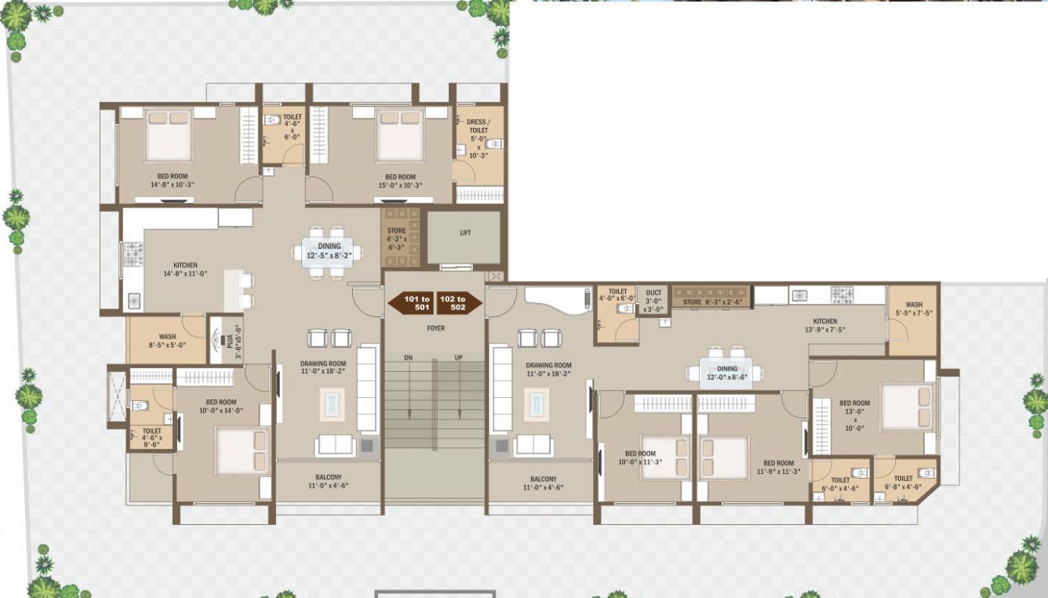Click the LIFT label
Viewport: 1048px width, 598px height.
[465, 232]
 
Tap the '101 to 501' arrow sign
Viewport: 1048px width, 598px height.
[412, 303]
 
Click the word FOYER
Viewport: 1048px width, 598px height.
[435, 328]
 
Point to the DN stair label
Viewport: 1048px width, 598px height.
[408, 358]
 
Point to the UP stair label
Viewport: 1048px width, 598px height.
[459, 358]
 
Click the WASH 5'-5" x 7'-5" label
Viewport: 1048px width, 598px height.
[914, 309]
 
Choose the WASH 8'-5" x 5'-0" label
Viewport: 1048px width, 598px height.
[167, 341]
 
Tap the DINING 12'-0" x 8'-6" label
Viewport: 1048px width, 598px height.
[727, 373]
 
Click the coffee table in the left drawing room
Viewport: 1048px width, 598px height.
[331, 404]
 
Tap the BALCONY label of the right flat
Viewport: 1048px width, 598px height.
[543, 483]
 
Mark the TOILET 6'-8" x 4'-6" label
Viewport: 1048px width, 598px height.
[903, 483]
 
